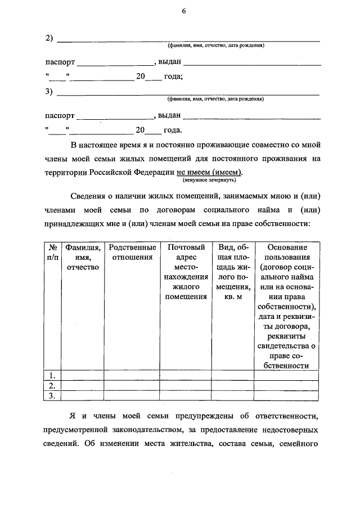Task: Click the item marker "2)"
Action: [x=49, y=38]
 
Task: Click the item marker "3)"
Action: [x=49, y=92]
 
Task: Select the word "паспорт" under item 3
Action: [x=60, y=115]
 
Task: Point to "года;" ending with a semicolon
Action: [x=173, y=76]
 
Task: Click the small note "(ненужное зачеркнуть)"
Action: [x=209, y=181]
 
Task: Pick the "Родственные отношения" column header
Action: [x=132, y=252]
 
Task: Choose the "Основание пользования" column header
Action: [x=287, y=252]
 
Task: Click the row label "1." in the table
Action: [x=52, y=375]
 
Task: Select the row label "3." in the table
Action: [x=52, y=397]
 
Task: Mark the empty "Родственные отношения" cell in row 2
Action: [x=132, y=386]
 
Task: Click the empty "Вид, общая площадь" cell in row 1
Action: [x=233, y=375]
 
